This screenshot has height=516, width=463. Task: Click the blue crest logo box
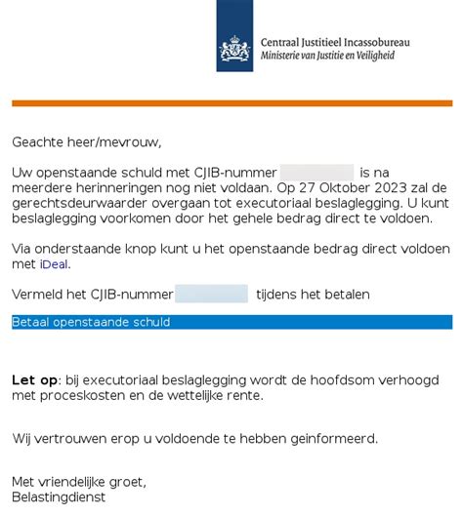point(234,36)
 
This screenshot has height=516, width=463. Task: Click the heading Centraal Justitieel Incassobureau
point(335,43)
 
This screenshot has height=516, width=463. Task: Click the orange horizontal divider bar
point(231,102)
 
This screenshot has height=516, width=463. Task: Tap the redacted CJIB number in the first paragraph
point(316,173)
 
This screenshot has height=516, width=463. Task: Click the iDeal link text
point(54,264)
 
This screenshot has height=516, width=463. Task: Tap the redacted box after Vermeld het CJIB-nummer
point(211,294)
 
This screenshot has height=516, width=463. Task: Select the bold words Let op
point(34,379)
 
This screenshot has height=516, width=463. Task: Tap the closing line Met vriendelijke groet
point(78,482)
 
